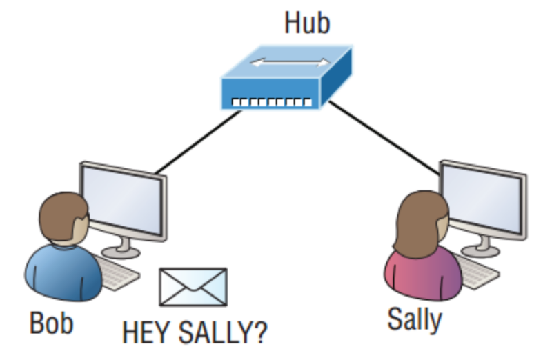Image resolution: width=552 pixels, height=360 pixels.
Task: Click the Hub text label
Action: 307,23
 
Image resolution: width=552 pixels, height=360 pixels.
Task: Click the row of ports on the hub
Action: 270,103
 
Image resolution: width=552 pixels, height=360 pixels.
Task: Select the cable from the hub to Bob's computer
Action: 197,142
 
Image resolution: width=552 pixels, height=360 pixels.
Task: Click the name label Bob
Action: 51,322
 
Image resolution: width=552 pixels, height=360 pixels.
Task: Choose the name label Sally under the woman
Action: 414,319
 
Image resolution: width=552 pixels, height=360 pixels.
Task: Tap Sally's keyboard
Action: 476,272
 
